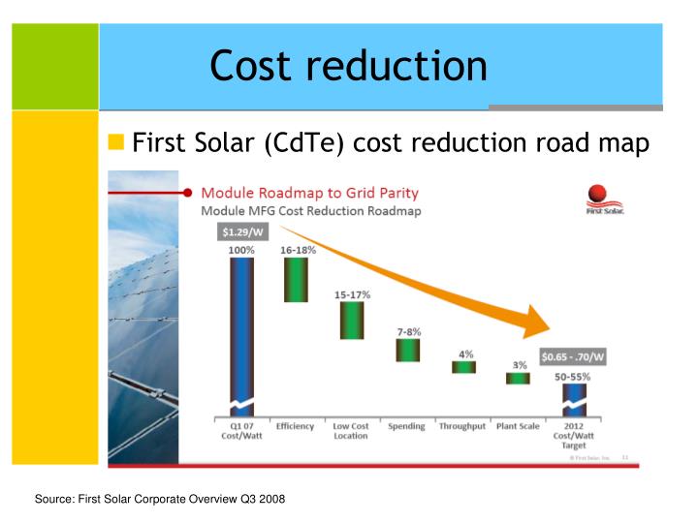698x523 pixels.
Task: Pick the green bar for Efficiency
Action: click(295, 279)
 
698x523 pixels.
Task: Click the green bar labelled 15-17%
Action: click(351, 320)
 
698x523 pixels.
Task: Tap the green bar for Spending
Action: click(407, 350)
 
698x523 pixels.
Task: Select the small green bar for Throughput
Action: click(463, 367)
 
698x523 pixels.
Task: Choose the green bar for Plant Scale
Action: click(518, 378)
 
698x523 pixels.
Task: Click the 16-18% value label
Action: click(297, 250)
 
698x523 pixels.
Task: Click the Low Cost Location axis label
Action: click(351, 431)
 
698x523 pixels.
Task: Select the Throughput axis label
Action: click(462, 426)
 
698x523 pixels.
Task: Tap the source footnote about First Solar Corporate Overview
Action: click(160, 499)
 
